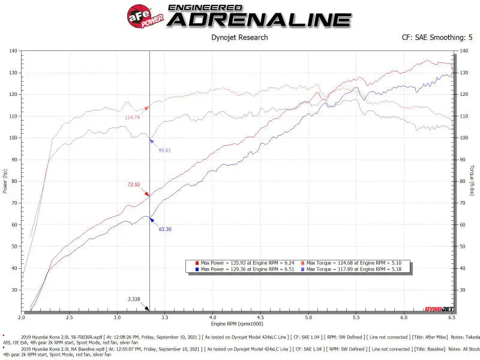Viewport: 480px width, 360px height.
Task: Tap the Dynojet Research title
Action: [x=240, y=38]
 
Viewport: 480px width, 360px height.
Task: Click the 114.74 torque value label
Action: [x=133, y=118]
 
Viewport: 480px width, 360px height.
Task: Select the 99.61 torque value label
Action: [x=164, y=151]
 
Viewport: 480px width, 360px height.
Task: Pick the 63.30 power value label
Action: [x=165, y=229]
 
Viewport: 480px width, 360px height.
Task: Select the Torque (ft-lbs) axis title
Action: [x=473, y=180]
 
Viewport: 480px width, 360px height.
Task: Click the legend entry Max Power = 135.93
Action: [x=246, y=263]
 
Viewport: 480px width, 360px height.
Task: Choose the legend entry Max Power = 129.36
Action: [x=246, y=270]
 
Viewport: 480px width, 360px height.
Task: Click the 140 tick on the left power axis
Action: [x=12, y=51]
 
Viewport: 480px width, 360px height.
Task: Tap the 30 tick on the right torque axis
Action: [x=463, y=290]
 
